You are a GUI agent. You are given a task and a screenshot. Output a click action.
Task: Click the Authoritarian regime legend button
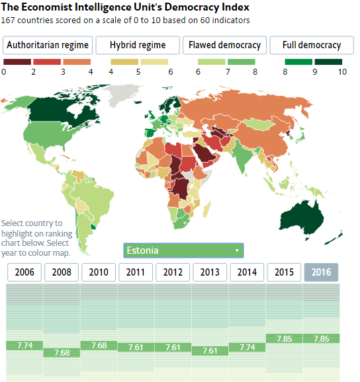tap(48, 46)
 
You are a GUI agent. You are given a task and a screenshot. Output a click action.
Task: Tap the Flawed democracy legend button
tap(224, 46)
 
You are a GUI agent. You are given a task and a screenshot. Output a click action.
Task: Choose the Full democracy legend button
tap(311, 46)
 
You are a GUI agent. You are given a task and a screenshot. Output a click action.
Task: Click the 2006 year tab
tap(24, 272)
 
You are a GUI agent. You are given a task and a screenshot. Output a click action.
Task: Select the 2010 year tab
tap(99, 272)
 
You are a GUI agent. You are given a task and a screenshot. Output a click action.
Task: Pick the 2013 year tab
tap(210, 272)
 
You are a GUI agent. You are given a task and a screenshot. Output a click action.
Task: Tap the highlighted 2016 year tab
tap(321, 272)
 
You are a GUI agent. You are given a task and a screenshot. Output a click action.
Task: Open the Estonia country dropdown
tap(183, 250)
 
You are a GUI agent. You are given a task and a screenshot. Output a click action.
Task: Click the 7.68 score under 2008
tap(62, 352)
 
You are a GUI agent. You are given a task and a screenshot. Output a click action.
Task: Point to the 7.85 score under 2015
tap(284, 338)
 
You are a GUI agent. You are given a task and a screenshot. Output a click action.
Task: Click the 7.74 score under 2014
tap(247, 346)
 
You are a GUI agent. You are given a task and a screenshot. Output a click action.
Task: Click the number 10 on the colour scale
tap(342, 73)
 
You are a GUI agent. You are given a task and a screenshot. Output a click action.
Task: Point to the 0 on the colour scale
tap(5, 73)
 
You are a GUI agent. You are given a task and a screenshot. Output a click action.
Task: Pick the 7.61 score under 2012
tap(173, 347)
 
